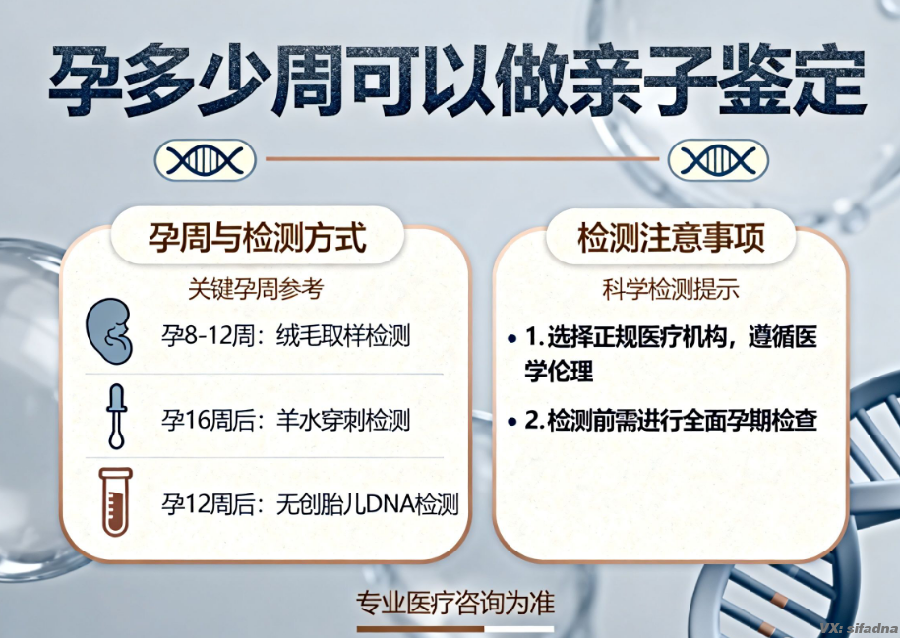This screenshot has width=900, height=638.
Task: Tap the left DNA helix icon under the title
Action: tap(205, 159)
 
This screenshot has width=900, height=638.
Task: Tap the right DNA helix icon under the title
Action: tap(718, 159)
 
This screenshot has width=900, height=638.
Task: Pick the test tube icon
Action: tap(115, 500)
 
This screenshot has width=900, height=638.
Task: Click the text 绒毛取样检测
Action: tap(343, 337)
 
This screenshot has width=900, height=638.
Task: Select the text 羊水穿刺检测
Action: tap(343, 421)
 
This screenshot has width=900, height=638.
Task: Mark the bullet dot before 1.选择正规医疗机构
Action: tap(512, 338)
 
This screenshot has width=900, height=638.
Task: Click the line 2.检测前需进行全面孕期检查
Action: tap(672, 420)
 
